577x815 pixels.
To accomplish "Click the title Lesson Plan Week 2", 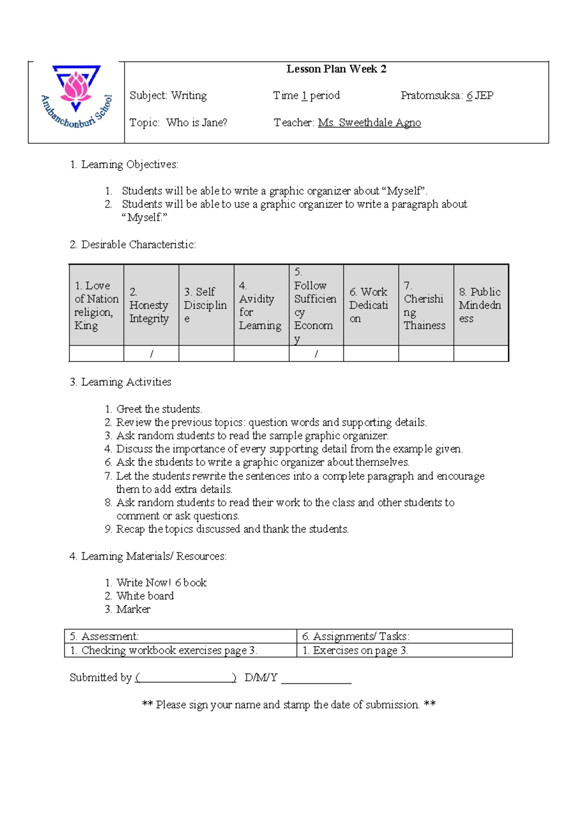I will (x=336, y=69).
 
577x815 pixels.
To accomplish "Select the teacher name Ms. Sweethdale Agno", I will (x=369, y=123).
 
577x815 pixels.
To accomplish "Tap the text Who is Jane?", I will (x=197, y=123).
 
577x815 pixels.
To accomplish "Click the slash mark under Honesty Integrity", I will (x=151, y=354).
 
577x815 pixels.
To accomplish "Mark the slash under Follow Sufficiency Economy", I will (x=316, y=354).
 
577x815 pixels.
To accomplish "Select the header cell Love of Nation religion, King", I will (x=96, y=305).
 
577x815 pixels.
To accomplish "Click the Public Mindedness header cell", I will (x=480, y=305).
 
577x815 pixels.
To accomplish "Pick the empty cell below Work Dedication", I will (x=371, y=354).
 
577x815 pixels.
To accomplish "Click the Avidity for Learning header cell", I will (x=261, y=305).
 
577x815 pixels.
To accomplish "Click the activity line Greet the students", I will (x=159, y=409).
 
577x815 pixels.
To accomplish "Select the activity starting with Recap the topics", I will (x=232, y=529).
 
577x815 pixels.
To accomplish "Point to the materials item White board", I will (x=145, y=596).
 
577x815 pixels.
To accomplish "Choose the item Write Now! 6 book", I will (x=161, y=583).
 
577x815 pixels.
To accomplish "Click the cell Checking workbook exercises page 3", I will (x=163, y=651).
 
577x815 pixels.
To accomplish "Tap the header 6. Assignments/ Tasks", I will (x=356, y=637).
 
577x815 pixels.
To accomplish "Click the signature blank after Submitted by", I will (x=186, y=679).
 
